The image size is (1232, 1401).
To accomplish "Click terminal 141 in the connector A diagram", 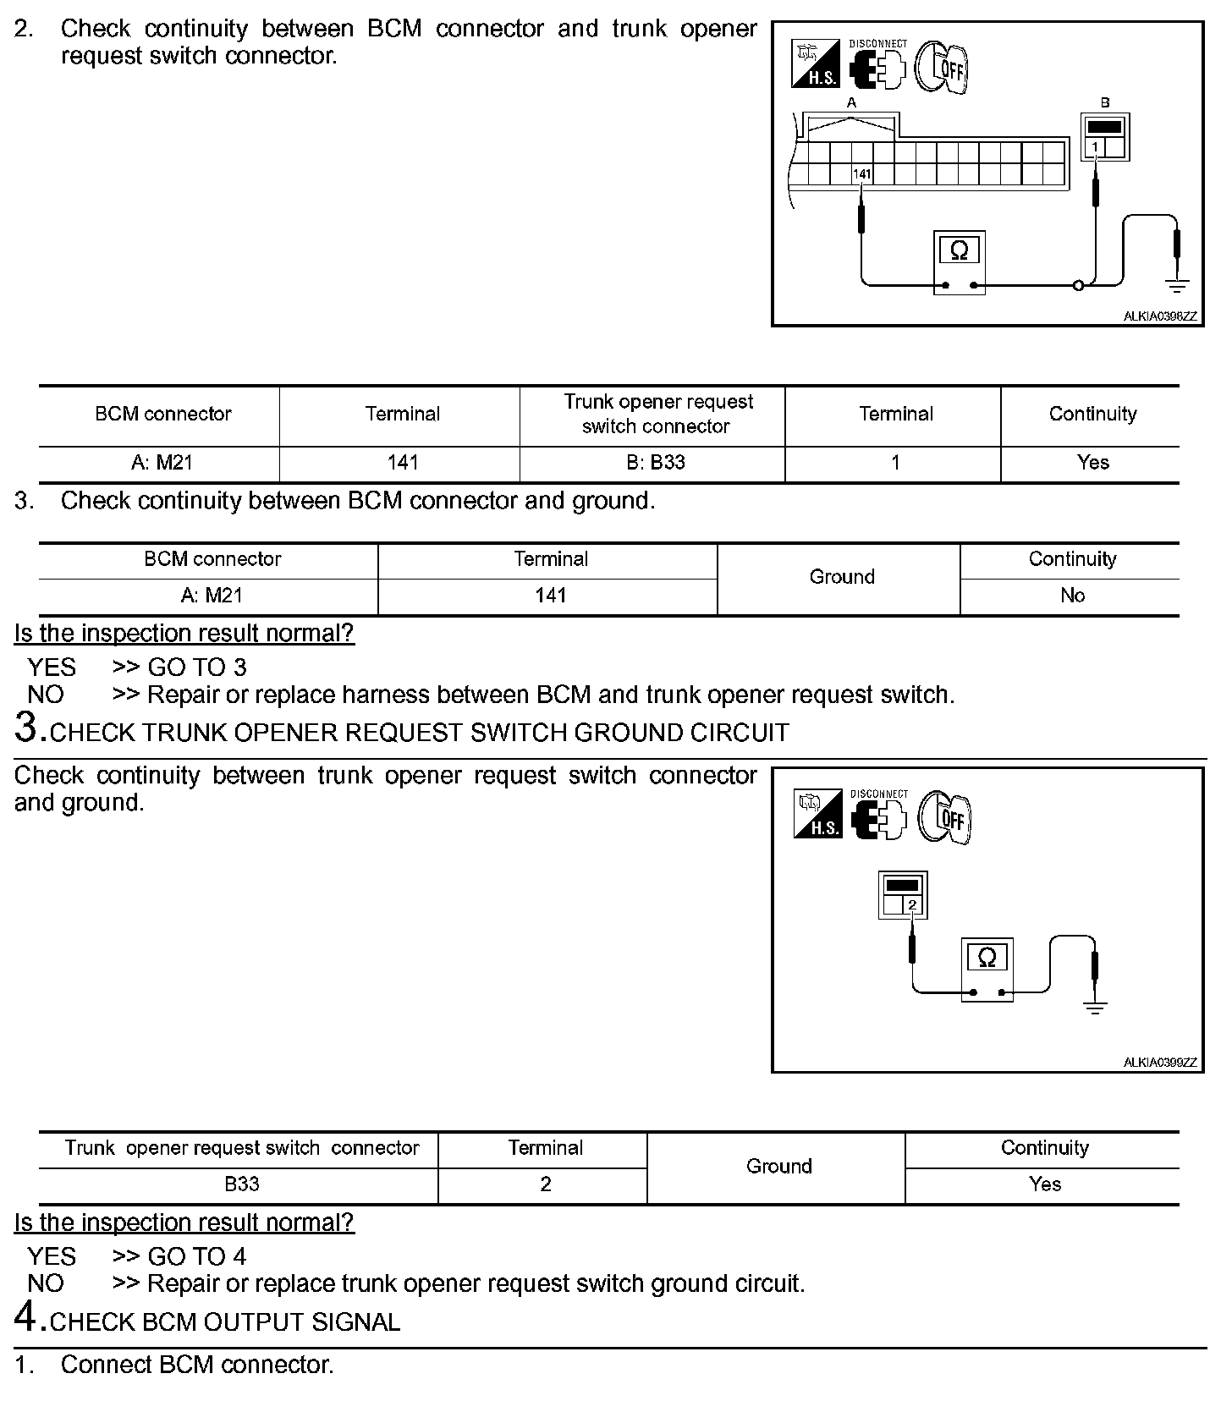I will tap(861, 174).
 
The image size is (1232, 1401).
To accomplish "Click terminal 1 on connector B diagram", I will tap(1095, 147).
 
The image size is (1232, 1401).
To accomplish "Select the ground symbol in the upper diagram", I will tap(1177, 285).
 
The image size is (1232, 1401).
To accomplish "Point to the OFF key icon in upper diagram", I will tap(943, 66).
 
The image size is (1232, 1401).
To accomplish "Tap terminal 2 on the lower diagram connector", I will tap(912, 905).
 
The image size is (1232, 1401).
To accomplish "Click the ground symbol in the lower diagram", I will tap(1096, 1007).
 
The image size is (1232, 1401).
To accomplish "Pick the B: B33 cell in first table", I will tap(656, 463).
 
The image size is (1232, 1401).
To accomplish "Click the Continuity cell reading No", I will tap(1072, 596).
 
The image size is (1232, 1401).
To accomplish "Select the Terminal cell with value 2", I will tap(546, 1184).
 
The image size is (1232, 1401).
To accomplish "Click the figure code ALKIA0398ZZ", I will tap(1160, 316).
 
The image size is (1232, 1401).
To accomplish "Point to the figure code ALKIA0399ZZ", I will tap(1160, 1063).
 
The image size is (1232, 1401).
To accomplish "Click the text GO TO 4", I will tap(197, 1256).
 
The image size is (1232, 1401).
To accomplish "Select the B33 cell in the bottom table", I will tap(241, 1184).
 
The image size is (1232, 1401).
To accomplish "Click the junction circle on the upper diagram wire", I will tap(1078, 286).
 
